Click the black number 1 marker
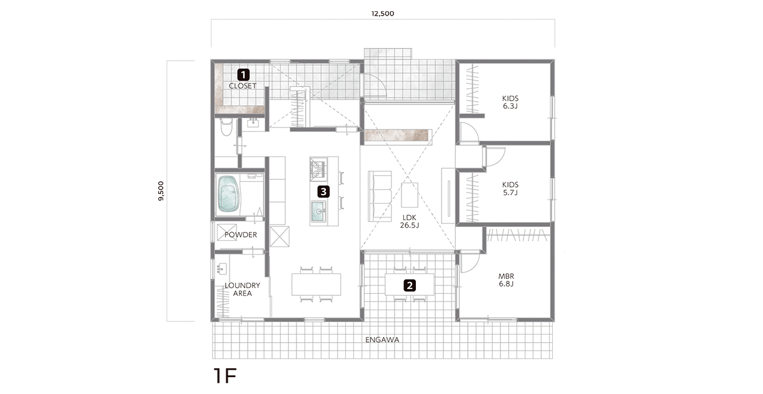pos(243,74)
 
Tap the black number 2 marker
pos(410,285)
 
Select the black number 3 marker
pos(323,192)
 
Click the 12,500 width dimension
pos(383,14)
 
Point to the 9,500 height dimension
pos(161,191)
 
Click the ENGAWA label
pos(382,340)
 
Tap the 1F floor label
pos(225,376)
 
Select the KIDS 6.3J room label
pos(510,102)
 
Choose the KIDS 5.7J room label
pos(510,189)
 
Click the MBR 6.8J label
pos(506,280)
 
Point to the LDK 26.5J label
pos(410,221)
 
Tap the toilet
pos(226,127)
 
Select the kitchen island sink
pos(318,212)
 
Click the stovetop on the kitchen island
pos(318,169)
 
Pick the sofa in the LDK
pos(380,196)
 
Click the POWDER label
pos(241,235)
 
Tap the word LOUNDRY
pos(242,285)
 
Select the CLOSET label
pos(243,86)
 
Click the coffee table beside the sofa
pos(410,195)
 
